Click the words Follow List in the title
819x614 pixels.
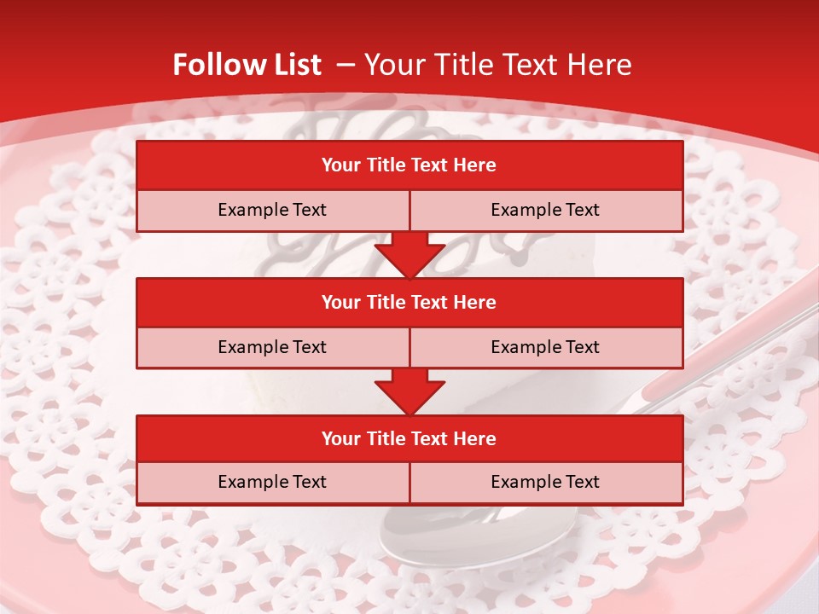click(247, 65)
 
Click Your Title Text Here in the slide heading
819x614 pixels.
click(497, 65)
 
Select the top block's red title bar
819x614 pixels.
click(409, 165)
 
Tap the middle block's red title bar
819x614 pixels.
click(409, 302)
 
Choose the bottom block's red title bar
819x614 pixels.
click(409, 438)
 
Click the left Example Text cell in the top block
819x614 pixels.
click(272, 210)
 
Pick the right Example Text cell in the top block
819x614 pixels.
click(545, 210)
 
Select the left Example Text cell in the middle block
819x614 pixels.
click(272, 347)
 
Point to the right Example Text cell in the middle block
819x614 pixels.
click(545, 347)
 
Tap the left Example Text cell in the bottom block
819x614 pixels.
click(272, 482)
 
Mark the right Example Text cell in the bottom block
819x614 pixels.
click(545, 482)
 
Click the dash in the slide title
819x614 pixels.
click(346, 65)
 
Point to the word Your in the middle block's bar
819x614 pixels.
click(341, 302)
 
